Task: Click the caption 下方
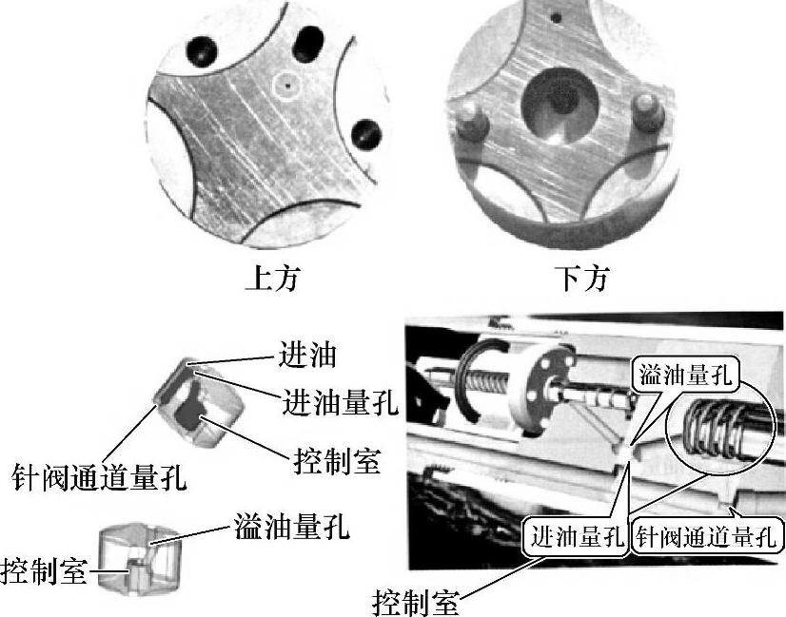coord(583,279)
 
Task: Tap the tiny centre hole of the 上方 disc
coord(286,84)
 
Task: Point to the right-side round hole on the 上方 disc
coord(364,132)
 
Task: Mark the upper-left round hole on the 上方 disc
coord(204,48)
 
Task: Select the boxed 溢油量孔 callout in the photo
coord(685,375)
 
